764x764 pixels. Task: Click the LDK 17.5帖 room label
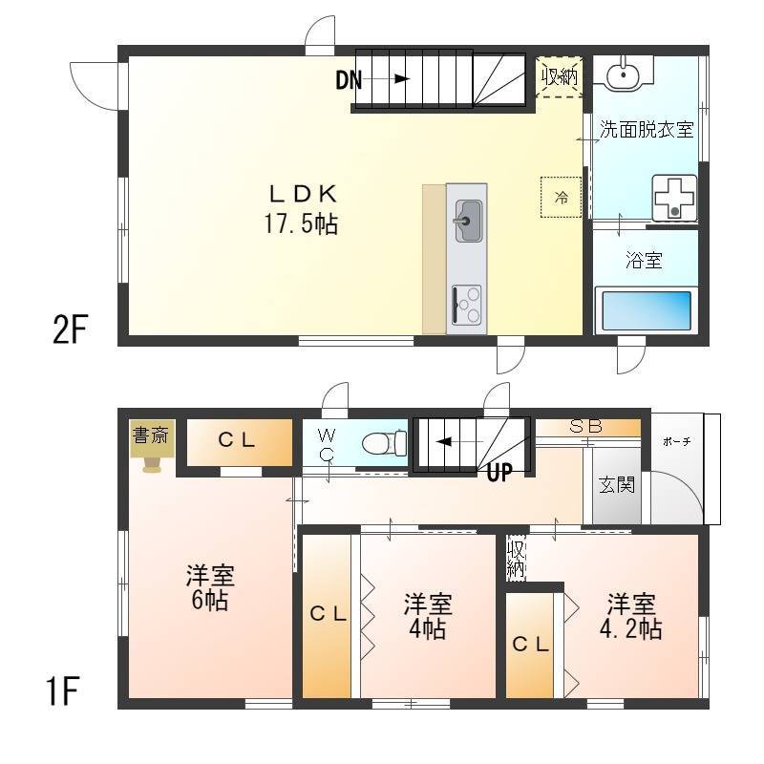point(302,209)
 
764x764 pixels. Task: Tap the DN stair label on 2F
point(349,80)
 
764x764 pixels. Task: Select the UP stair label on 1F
point(499,472)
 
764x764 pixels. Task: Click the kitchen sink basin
point(468,221)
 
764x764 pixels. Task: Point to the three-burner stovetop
point(467,305)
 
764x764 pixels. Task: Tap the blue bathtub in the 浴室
point(647,310)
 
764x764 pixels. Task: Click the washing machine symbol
point(674,198)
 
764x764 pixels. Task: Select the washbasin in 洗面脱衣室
point(623,74)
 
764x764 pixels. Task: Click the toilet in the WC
point(385,443)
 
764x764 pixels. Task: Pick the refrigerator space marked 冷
point(561,198)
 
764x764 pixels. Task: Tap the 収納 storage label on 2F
point(560,76)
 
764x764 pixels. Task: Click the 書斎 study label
point(151,435)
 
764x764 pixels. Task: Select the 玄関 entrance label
point(616,485)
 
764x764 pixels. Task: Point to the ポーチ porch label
point(676,442)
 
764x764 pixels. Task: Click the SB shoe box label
point(586,426)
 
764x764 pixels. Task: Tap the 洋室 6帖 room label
point(210,587)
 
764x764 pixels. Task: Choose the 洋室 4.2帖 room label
point(630,617)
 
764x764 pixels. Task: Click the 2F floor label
point(70,329)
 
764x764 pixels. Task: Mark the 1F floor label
point(63,691)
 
